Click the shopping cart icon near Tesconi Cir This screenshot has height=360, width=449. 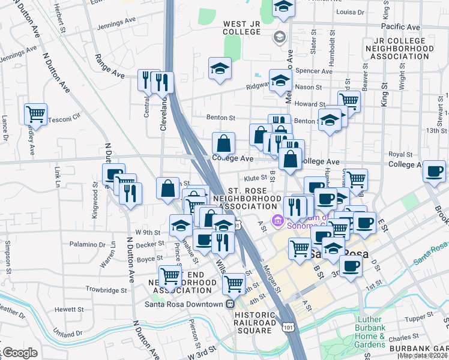tap(36, 113)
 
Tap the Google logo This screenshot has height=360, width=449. tap(21, 353)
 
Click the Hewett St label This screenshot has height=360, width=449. tap(73, 309)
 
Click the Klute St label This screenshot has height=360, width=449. tap(255, 178)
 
